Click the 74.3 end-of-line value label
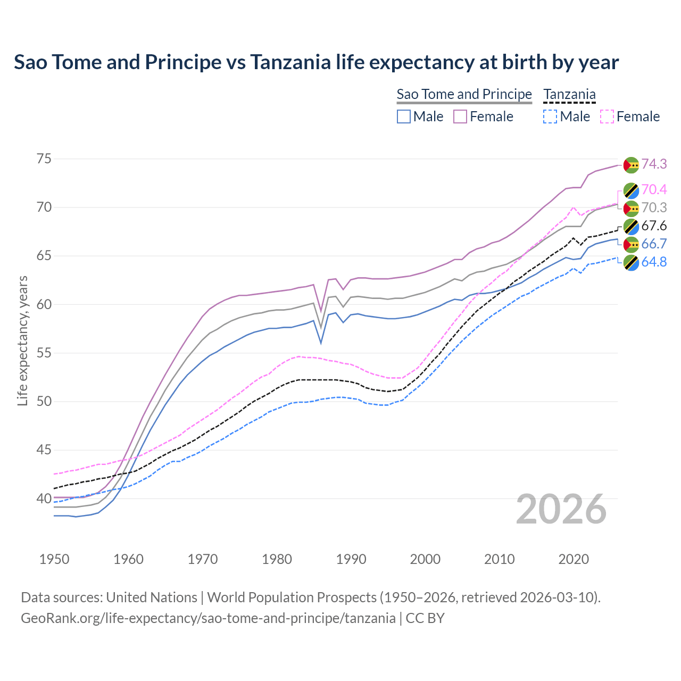pyautogui.click(x=654, y=164)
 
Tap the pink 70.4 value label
pyautogui.click(x=654, y=189)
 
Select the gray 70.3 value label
pyautogui.click(x=654, y=207)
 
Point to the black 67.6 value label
pyautogui.click(x=654, y=226)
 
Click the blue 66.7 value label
pyautogui.click(x=654, y=244)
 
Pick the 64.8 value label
pyautogui.click(x=654, y=262)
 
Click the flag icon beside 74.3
pyautogui.click(x=631, y=164)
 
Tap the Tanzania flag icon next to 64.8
pyautogui.click(x=631, y=262)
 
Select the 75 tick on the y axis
pyautogui.click(x=44, y=159)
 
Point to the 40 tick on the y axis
pyautogui.click(x=44, y=499)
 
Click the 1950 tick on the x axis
pyautogui.click(x=54, y=559)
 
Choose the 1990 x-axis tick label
pyautogui.click(x=351, y=559)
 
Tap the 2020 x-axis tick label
pyautogui.click(x=574, y=559)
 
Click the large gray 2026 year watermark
pyautogui.click(x=561, y=509)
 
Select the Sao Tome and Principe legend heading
pyautogui.click(x=464, y=94)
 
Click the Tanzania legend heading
pyautogui.click(x=569, y=94)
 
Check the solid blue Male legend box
pyautogui.click(x=404, y=117)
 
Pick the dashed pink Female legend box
pyautogui.click(x=607, y=117)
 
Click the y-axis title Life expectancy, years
pyautogui.click(x=22, y=340)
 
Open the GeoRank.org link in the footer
pyautogui.click(x=208, y=618)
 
